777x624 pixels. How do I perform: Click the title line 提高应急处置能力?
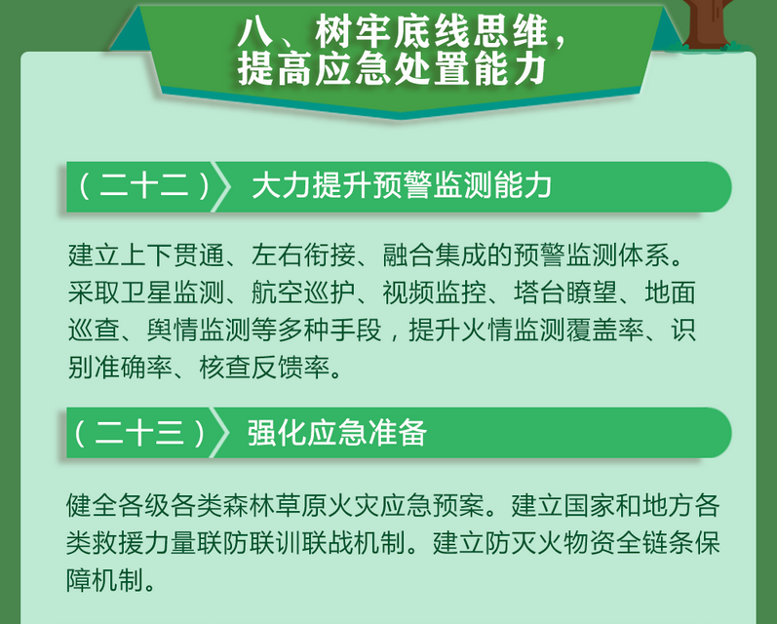point(393,69)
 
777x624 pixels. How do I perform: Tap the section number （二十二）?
point(144,186)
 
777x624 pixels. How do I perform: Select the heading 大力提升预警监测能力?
point(402,186)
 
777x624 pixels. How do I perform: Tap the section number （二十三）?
point(139,433)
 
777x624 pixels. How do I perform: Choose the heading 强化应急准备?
point(337,433)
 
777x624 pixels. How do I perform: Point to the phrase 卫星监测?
point(173,292)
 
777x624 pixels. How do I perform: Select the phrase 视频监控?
point(434,292)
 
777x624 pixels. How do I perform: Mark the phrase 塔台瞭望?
point(565,292)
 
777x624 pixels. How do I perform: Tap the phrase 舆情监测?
point(199,331)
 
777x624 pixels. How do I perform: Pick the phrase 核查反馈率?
point(264,368)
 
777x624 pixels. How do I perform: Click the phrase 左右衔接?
point(303,255)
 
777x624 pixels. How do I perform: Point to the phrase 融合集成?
point(434,255)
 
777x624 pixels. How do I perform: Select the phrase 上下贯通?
point(173,255)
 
